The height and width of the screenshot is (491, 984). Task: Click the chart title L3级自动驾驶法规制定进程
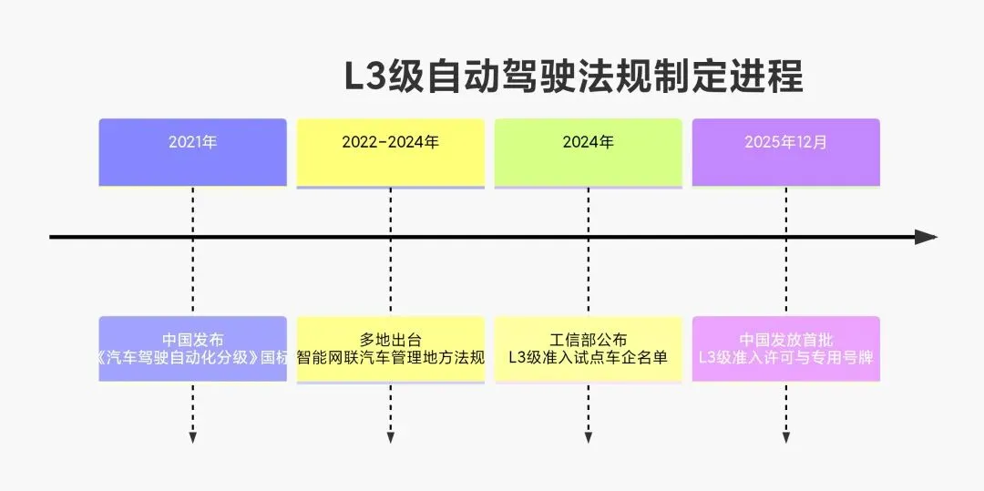[x=573, y=77]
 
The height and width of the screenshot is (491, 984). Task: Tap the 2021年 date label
[x=192, y=142]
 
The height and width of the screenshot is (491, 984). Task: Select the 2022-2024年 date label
[x=390, y=142]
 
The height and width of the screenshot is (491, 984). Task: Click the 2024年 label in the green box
[x=588, y=142]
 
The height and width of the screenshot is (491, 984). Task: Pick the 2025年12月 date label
[x=785, y=142]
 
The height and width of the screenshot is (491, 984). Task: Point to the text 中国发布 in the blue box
[x=192, y=340]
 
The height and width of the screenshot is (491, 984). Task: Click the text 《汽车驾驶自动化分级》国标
[x=192, y=357]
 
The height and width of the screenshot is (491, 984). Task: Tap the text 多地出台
[x=390, y=340]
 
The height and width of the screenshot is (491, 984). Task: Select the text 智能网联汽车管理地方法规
[x=390, y=357]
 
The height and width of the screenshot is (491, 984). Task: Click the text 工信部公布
[x=588, y=340]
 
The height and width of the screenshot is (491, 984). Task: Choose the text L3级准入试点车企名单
[x=588, y=357]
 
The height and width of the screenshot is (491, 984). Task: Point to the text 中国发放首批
[x=785, y=340]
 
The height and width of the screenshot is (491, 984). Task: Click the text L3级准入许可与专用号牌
[x=785, y=357]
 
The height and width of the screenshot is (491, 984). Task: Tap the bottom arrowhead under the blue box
[x=192, y=438]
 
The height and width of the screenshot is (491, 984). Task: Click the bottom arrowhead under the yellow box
[x=390, y=438]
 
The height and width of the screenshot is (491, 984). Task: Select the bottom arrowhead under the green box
[x=588, y=438]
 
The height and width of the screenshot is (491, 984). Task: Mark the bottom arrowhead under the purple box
[x=785, y=438]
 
